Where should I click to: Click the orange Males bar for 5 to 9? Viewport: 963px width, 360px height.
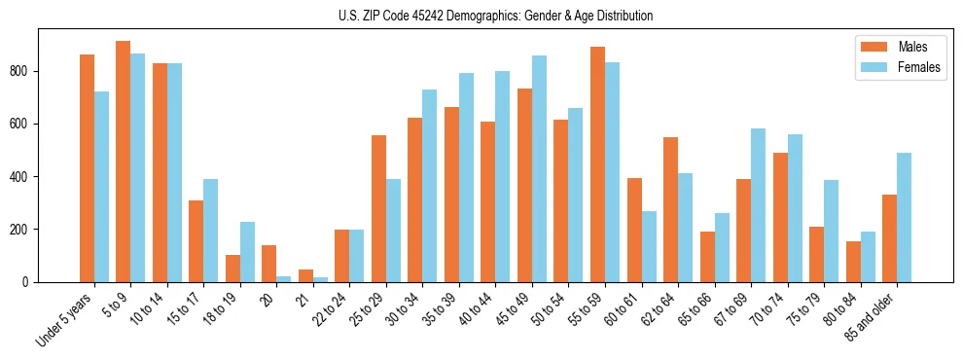[124, 162]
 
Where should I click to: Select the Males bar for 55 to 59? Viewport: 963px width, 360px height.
[597, 164]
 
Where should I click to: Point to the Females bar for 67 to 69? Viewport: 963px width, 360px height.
[758, 205]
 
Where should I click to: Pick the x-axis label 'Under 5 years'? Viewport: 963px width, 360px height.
[65, 317]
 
